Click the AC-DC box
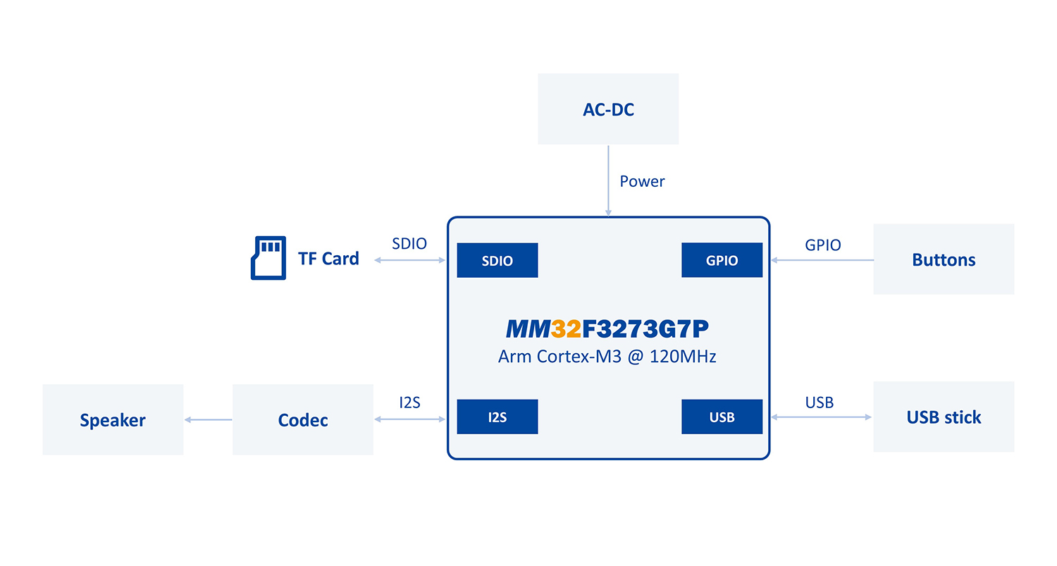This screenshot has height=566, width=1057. [608, 109]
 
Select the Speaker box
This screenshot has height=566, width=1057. [113, 419]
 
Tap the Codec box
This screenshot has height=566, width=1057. [303, 419]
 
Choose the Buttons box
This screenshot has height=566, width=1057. [944, 259]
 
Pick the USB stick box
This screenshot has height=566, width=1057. [944, 417]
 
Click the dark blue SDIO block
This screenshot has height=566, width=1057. [497, 260]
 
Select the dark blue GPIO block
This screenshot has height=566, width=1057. [722, 260]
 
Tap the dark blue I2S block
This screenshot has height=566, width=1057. [497, 417]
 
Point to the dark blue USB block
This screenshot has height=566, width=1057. [722, 417]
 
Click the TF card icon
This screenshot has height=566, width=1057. [268, 258]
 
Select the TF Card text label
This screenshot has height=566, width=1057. [328, 259]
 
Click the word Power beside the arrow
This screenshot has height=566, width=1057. [642, 181]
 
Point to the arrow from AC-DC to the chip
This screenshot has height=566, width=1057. [608, 180]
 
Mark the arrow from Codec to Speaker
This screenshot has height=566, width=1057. [208, 419]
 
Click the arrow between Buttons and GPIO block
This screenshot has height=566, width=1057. [822, 260]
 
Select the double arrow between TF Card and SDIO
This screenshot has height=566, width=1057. [409, 260]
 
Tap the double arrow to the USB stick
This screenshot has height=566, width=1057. [821, 417]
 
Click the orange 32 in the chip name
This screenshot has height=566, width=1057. [566, 329]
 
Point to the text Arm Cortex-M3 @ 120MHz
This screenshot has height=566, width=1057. [607, 357]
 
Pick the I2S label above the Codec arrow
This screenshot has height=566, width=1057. [409, 402]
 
